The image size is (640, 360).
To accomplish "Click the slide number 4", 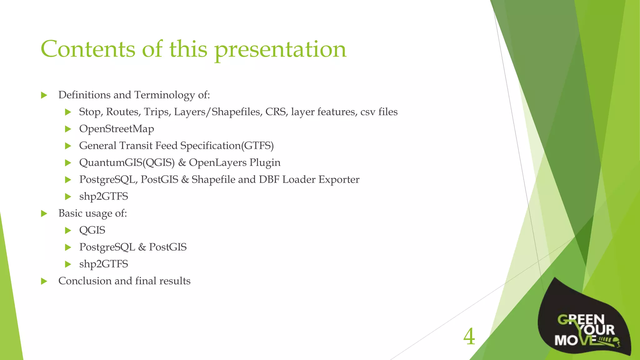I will (x=469, y=337).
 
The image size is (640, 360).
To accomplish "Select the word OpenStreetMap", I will (x=117, y=129).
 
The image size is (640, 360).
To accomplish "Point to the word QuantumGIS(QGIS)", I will (x=127, y=162).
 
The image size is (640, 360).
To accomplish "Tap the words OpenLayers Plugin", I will (x=235, y=162).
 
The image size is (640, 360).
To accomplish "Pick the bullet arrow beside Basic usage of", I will (x=44, y=213).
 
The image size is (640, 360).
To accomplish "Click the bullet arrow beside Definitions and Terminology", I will (x=44, y=95).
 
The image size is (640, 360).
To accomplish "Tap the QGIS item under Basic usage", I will (x=92, y=230).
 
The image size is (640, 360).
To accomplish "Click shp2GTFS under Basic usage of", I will (x=103, y=264).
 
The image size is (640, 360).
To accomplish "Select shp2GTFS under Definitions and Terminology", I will (x=103, y=197).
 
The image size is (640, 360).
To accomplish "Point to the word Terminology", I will (x=164, y=95).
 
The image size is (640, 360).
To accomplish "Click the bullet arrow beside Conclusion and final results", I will (x=44, y=281).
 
